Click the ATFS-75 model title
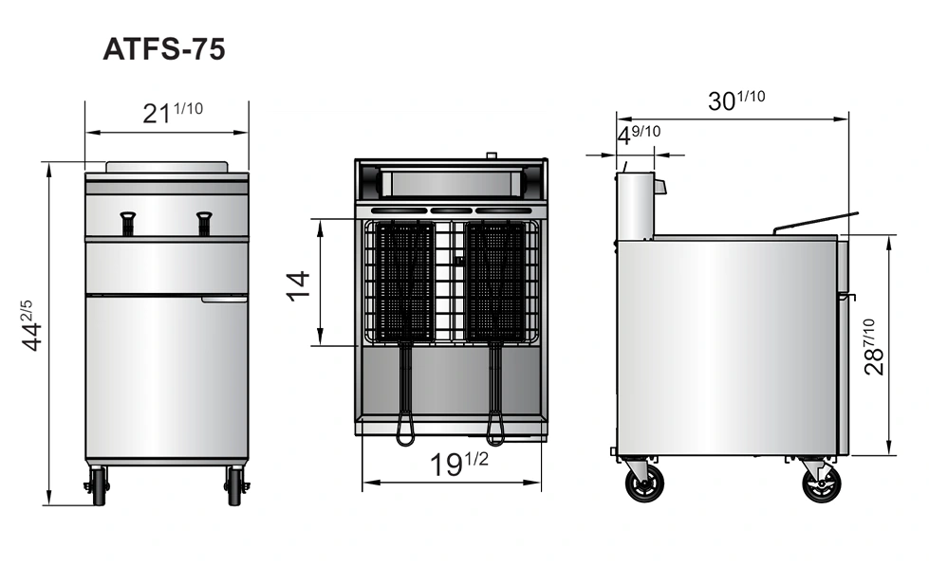coord(164,49)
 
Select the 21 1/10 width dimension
coord(172,113)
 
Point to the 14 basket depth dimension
coord(298,283)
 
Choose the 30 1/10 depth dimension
coord(735,100)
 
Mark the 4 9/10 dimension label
coord(639,135)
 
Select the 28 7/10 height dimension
coord(875,347)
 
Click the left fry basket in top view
coord(405,282)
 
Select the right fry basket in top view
coord(494,282)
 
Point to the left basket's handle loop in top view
coord(405,431)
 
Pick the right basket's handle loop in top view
coord(494,431)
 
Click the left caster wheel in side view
coord(644,484)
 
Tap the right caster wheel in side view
coord(821,484)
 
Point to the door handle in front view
coord(224,301)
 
